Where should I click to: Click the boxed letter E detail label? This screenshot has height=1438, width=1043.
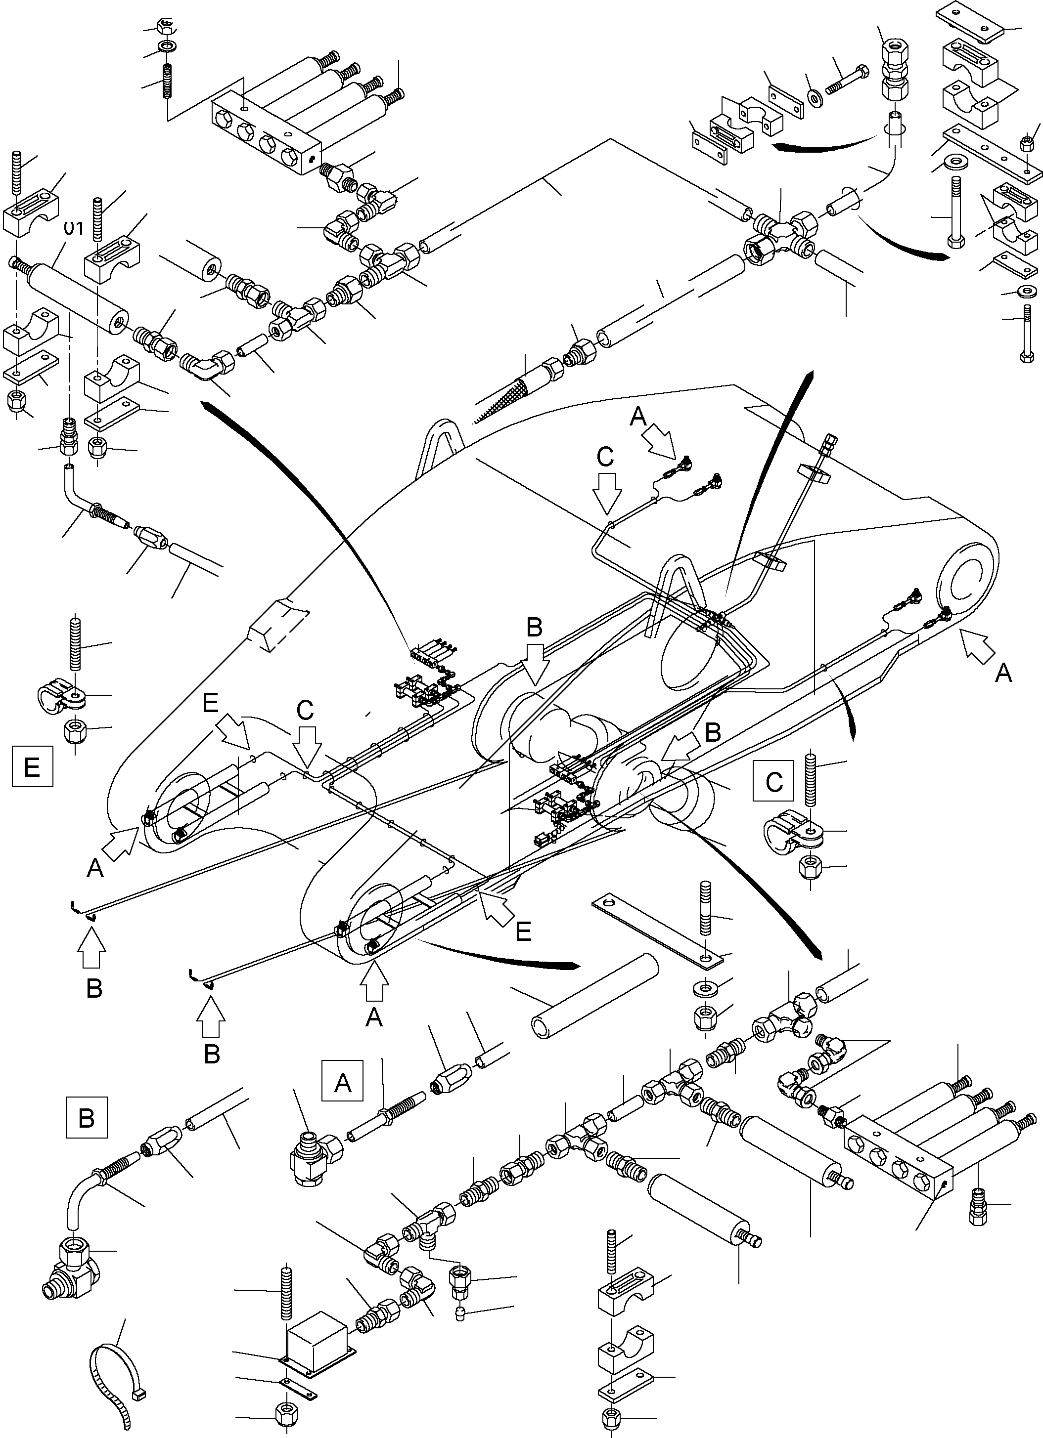click(32, 766)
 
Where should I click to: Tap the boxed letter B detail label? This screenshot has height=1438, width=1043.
click(86, 1118)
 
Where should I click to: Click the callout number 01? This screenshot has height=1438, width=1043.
click(74, 228)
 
